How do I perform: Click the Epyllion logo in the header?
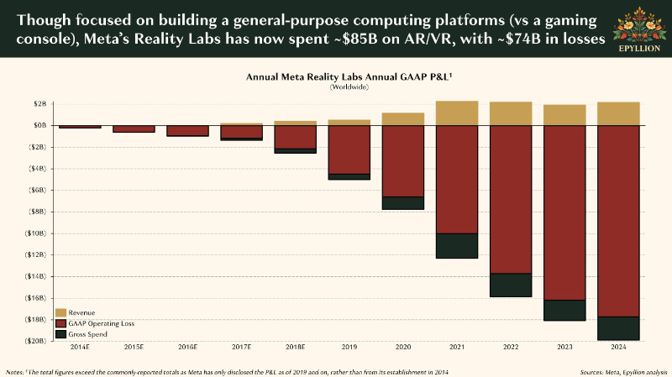point(639,29)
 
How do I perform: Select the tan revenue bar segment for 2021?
point(457,113)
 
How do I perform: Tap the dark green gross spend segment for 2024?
point(618,328)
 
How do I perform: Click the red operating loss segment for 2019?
point(349,149)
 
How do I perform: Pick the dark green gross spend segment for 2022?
point(511,285)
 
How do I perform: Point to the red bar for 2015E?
point(134,129)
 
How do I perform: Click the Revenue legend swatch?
point(60,312)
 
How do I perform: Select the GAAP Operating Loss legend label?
point(101,323)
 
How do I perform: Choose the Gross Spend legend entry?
point(81,334)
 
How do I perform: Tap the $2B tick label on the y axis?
point(39,103)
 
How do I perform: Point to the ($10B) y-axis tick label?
point(37,233)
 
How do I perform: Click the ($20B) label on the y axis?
point(37,341)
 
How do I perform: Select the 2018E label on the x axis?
point(296,347)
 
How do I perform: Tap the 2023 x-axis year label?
point(564,347)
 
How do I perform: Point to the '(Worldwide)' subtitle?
point(349,87)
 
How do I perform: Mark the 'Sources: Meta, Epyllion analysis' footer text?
point(623,372)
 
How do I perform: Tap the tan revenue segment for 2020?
point(403,119)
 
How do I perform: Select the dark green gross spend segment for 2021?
point(457,246)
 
